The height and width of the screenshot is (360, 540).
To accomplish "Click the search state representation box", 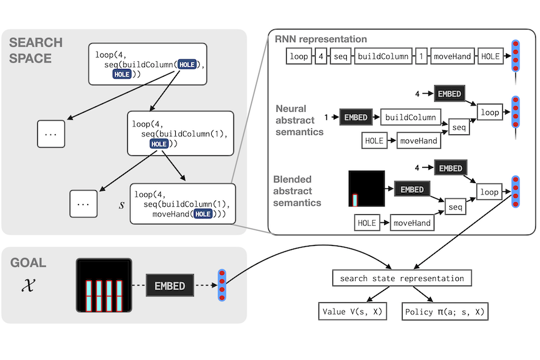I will click(402, 278).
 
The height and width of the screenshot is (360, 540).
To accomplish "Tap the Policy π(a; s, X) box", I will click(445, 312).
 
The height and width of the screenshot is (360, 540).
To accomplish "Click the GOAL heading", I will click(28, 263).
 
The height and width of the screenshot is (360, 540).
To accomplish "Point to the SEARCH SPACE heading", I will click(36, 50).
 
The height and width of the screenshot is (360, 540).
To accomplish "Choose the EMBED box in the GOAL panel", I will click(170, 286).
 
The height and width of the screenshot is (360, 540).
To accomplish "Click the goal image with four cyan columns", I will click(103, 286).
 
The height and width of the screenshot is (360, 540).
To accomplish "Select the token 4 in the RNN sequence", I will click(322, 57).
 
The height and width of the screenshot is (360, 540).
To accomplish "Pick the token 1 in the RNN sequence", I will click(422, 57).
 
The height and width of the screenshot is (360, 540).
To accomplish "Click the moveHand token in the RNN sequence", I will click(452, 57).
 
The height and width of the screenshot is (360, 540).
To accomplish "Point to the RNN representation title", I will click(321, 39).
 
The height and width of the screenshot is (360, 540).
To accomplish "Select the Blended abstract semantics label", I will click(297, 191).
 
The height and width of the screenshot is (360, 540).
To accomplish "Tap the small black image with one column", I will click(367, 188).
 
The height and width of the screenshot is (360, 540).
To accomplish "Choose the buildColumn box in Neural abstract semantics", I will click(410, 117).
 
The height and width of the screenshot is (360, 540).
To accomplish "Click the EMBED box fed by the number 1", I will click(356, 117).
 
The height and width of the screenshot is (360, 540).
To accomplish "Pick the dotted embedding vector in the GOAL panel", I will click(222, 285).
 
